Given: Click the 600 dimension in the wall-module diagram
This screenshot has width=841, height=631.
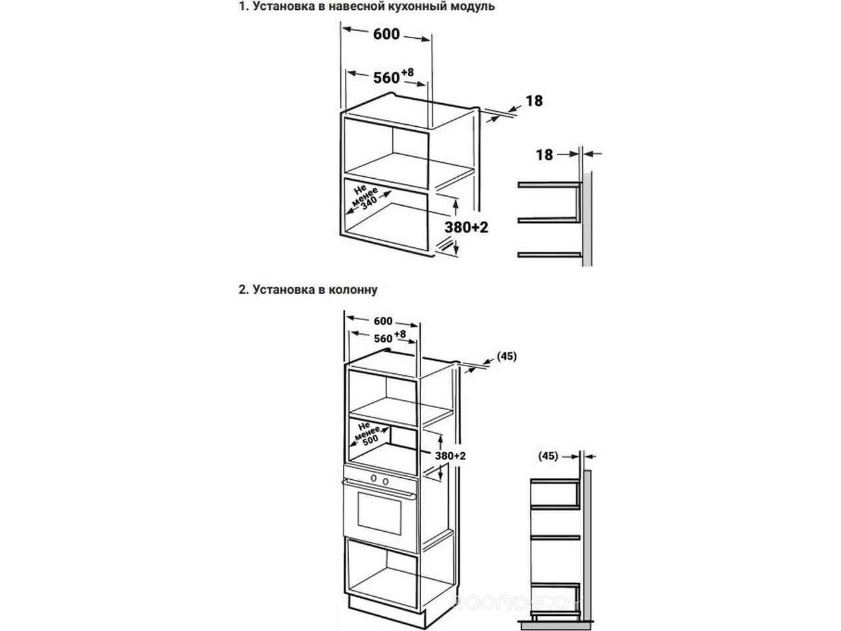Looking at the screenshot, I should (x=386, y=34).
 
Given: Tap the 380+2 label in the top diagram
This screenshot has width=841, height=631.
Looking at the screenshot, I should (x=467, y=227).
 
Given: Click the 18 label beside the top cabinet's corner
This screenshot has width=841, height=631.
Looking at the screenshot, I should (x=534, y=101).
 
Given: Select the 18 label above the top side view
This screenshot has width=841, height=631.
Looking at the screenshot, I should (x=544, y=154).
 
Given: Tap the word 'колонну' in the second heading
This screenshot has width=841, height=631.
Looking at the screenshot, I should (x=355, y=289).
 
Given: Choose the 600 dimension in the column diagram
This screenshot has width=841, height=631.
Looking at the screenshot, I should (x=382, y=321).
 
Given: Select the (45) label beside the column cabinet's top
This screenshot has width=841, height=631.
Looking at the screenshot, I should (x=507, y=356).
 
